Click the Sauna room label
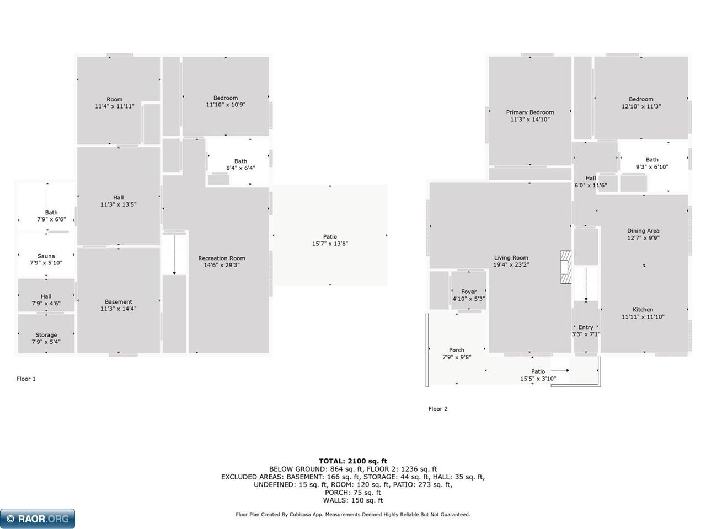coord(46,256)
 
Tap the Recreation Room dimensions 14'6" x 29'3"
coord(222,265)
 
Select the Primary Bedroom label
coord(530,112)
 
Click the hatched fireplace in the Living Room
coord(566,267)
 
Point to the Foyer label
coord(469,292)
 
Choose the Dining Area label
coord(643,231)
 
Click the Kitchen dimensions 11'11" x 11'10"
coord(643,317)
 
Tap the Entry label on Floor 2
coord(586,327)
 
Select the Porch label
coord(457,350)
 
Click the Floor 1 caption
coord(26,379)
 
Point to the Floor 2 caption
coord(438,408)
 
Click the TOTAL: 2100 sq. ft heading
coord(353,461)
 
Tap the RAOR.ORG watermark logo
coord(38,519)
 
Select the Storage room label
coord(46,334)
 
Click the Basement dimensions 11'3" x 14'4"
coord(119,309)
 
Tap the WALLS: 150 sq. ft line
coord(353,500)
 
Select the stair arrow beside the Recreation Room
coord(174,255)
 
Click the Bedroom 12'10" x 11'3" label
coord(641,103)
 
